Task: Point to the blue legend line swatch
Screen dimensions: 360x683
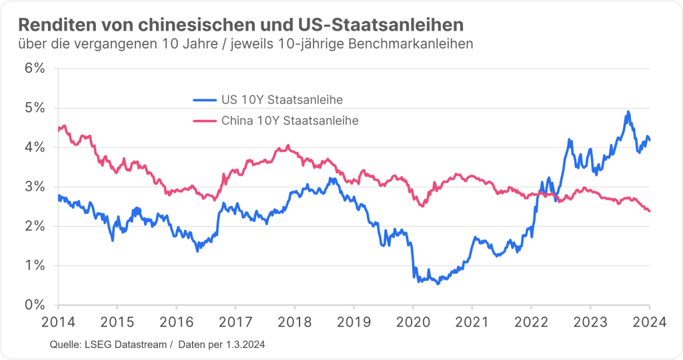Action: click(204, 100)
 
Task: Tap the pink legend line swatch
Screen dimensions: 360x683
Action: click(204, 121)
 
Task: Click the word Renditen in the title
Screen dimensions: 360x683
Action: click(52, 25)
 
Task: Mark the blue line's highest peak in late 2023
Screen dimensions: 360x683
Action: click(628, 112)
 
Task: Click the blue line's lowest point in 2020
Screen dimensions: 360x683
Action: click(438, 284)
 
